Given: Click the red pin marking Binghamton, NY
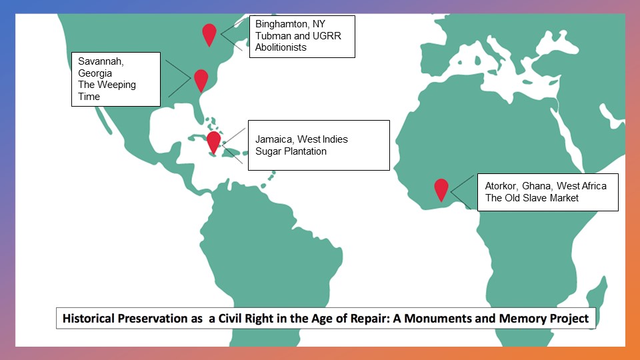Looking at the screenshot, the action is [209, 34].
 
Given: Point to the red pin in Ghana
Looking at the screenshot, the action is [441, 189].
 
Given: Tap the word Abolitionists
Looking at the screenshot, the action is [281, 47].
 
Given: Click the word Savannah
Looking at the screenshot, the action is [101, 61].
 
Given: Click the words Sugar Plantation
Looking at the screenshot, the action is [291, 151].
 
